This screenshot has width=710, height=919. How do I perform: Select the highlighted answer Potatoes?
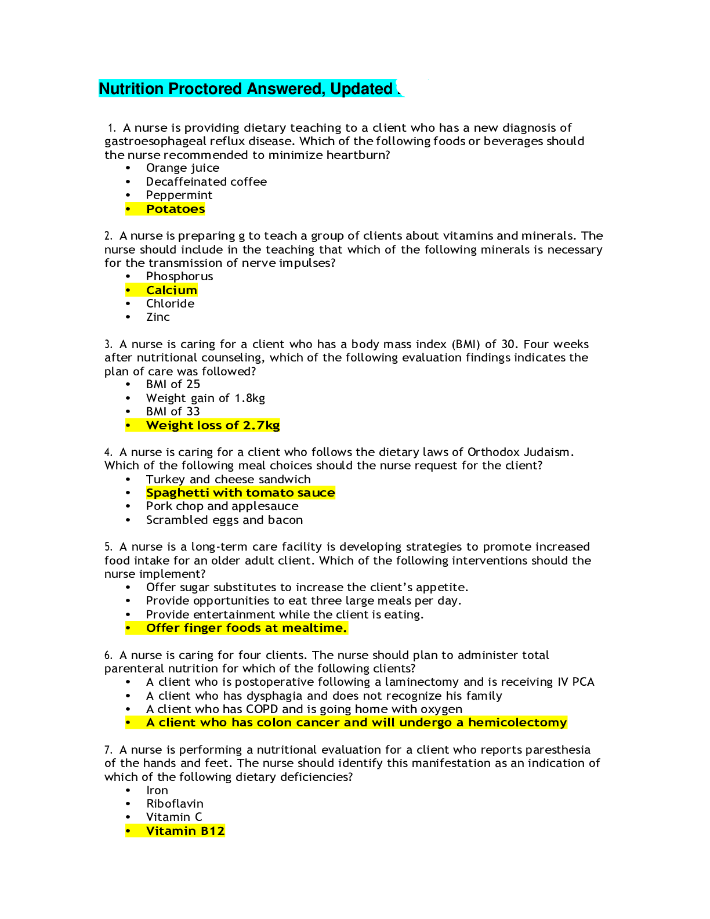tap(176, 209)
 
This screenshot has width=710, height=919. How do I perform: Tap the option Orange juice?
tap(183, 168)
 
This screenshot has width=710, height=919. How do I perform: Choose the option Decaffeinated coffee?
tap(207, 182)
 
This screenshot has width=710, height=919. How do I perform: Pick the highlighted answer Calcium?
tap(172, 290)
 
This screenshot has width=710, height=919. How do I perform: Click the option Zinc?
tap(158, 317)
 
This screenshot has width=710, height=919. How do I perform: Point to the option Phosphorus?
tap(180, 277)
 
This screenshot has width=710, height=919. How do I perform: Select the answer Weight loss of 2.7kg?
tap(213, 425)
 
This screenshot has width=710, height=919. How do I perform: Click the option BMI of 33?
tap(173, 411)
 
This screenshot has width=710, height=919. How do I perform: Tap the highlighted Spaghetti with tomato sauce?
tap(241, 493)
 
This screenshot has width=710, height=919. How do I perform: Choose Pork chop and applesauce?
tap(222, 506)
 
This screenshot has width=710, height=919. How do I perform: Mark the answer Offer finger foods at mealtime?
tap(247, 628)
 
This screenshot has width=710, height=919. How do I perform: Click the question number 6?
tap(108, 655)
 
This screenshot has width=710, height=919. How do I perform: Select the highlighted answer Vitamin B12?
tap(185, 831)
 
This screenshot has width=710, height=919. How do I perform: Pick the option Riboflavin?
tap(175, 804)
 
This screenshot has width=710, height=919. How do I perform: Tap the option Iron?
tap(157, 790)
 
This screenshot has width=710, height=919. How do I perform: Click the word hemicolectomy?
tap(517, 722)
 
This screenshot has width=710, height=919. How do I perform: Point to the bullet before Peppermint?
tap(128, 196)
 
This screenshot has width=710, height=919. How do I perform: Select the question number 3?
tap(108, 344)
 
